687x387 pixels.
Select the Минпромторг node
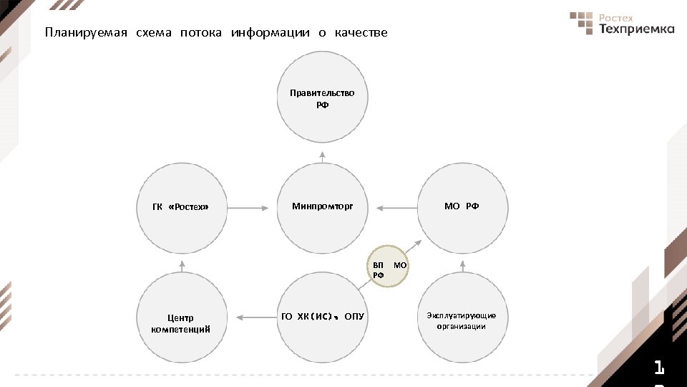[x=322, y=208]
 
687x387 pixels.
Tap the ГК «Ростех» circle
[x=181, y=208]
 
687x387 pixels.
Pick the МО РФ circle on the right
[x=462, y=208]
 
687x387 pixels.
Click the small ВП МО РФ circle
[x=389, y=267]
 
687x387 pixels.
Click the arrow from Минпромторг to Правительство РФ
[x=322, y=157]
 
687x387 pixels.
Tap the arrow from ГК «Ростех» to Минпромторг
[x=248, y=208]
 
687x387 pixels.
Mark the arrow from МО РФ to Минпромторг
[x=396, y=208]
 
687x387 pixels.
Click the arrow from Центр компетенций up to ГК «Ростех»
[x=182, y=266]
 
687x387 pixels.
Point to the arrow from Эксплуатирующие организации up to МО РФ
[x=462, y=266]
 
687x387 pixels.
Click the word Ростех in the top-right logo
[x=617, y=17]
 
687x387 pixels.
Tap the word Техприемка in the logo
[x=636, y=29]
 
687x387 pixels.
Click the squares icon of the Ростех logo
[x=582, y=23]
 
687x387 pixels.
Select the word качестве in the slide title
[x=361, y=33]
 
